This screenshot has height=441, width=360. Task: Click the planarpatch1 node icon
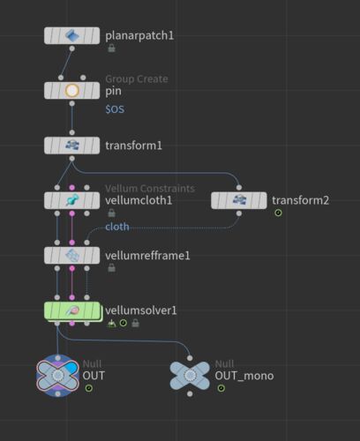71,35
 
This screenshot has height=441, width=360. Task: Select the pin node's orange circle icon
71,91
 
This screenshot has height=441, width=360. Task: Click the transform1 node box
71,146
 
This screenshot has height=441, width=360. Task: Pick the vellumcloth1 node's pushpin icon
71,200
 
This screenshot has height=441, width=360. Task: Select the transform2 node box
239,200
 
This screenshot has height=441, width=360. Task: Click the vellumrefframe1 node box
71,255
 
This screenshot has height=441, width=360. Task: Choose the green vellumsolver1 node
72,311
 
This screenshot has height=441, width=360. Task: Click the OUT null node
57,376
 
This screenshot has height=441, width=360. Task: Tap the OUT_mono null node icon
190,376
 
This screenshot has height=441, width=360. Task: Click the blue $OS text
115,109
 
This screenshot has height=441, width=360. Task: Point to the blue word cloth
117,227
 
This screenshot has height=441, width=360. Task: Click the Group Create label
137,78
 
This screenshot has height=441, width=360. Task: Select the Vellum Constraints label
150,188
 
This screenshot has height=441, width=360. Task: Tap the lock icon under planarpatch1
111,48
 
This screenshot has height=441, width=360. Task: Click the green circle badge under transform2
278,213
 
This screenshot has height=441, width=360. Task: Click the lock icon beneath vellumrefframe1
111,268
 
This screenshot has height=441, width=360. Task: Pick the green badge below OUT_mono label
221,388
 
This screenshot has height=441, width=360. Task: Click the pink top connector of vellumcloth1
71,188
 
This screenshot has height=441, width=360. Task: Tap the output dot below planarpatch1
71,49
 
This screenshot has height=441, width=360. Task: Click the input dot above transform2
239,188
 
